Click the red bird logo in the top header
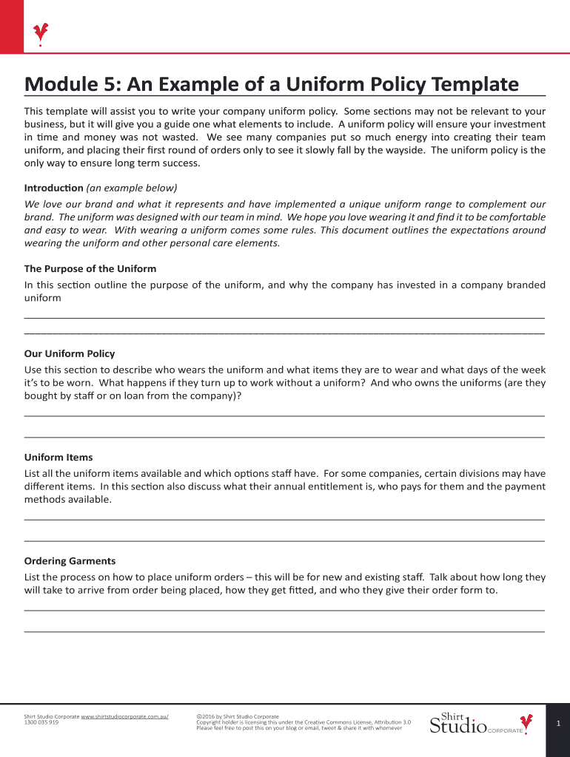click(x=41, y=33)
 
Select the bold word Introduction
click(x=53, y=188)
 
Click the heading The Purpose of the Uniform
click(x=90, y=269)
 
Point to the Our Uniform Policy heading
click(x=70, y=354)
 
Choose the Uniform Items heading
click(x=58, y=458)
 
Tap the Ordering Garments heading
click(x=70, y=561)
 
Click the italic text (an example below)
click(x=132, y=188)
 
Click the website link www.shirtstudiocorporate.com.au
click(x=124, y=716)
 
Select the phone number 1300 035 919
click(x=41, y=723)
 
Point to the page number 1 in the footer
click(x=558, y=724)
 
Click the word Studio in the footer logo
click(x=457, y=727)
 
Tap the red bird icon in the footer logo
click(x=526, y=722)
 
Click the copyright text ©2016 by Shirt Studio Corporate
click(x=238, y=716)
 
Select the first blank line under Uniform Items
click(x=284, y=520)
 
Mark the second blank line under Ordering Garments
click(x=284, y=632)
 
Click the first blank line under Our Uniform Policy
click(x=284, y=416)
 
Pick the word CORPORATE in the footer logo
click(x=504, y=731)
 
